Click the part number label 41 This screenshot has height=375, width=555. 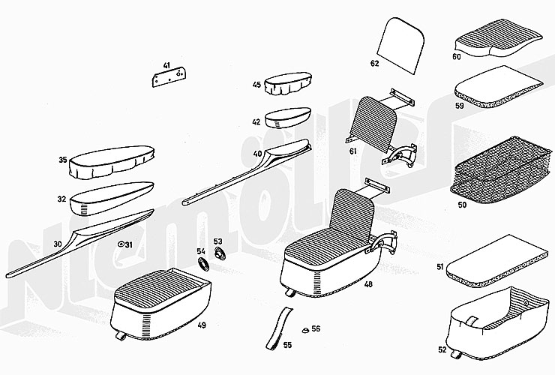[x=166, y=65]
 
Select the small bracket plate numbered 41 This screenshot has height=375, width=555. [x=169, y=77]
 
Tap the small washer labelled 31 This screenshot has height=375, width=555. [x=121, y=244]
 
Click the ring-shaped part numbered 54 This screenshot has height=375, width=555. [x=203, y=263]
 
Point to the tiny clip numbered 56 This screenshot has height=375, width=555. [x=305, y=331]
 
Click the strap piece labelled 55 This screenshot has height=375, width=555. [x=279, y=328]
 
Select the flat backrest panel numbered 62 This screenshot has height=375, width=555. [x=401, y=46]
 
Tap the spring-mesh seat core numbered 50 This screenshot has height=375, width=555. [x=501, y=170]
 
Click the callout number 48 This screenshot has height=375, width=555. [x=368, y=283]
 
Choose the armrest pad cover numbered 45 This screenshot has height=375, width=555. [x=288, y=83]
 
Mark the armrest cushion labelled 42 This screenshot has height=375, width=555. [x=288, y=117]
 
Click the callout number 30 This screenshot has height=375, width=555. [x=57, y=244]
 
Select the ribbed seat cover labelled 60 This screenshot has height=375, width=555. [x=498, y=38]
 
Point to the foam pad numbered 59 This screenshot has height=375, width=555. [x=499, y=86]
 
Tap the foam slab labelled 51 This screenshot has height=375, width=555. [x=496, y=260]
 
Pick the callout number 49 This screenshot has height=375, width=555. [x=202, y=325]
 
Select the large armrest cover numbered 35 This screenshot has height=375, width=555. [x=112, y=162]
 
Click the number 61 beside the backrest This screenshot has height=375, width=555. [x=353, y=151]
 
